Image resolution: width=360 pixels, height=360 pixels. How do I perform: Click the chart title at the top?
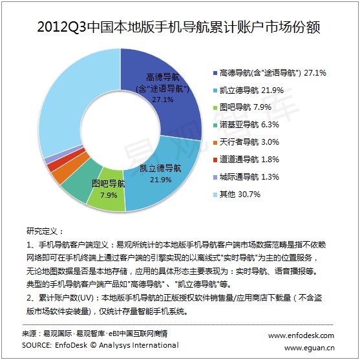tap(178, 27)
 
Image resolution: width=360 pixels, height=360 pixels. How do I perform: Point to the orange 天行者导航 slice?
tap(69, 169)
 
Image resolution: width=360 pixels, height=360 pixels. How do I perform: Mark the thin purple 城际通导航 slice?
tap(62, 153)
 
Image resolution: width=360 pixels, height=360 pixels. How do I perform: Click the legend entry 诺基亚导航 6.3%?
tap(246, 125)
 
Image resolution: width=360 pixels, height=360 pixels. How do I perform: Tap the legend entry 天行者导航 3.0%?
tap(246, 142)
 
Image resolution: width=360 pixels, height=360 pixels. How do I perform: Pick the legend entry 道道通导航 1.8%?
tap(246, 160)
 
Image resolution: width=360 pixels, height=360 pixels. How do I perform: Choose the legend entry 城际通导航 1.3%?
tap(246, 177)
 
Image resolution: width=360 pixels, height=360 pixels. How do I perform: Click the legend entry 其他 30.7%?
tap(237, 195)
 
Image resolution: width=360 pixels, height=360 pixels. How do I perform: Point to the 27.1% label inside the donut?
tap(163, 100)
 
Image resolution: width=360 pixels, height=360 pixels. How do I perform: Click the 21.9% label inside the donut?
tap(161, 180)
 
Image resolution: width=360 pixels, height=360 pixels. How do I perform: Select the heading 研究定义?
tap(42, 231)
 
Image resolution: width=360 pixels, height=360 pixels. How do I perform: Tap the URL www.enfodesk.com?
tap(301, 335)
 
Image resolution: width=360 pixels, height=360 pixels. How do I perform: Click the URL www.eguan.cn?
tap(309, 348)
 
